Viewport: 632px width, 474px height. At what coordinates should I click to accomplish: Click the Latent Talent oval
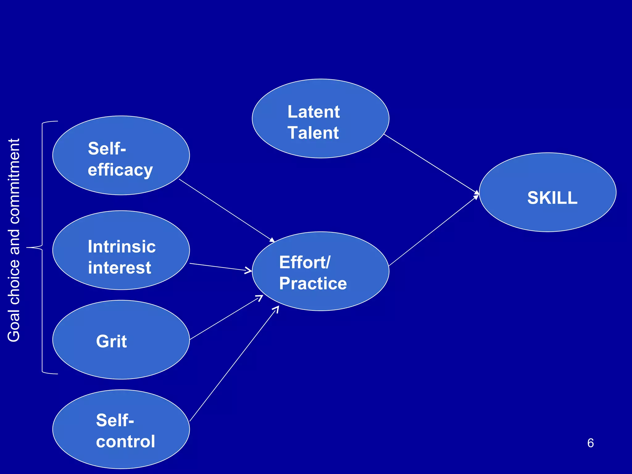320,119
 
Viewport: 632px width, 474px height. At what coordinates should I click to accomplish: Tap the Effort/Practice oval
320,271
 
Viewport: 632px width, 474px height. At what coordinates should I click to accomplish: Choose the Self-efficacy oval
121,156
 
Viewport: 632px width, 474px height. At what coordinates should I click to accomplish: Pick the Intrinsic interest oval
121,250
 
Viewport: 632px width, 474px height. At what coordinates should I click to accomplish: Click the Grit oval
121,340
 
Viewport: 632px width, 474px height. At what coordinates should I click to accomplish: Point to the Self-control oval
121,429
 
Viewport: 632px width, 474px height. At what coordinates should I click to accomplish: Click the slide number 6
590,443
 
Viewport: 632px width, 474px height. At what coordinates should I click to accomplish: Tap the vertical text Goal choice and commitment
14,240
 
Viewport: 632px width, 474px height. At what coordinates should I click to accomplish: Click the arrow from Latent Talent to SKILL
431,164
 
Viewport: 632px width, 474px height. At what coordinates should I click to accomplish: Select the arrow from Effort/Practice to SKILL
434,231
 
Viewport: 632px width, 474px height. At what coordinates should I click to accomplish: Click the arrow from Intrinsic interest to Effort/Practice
221,268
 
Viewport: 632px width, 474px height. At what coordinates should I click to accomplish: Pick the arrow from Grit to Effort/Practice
226,318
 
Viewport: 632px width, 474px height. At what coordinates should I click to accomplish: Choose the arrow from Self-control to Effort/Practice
234,364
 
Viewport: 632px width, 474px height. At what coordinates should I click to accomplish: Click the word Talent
313,133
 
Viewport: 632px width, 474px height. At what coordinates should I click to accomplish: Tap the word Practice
313,283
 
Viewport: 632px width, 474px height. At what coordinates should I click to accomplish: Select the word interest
119,267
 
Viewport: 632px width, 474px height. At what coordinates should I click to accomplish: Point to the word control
125,441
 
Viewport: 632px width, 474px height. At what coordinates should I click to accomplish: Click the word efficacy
120,170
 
